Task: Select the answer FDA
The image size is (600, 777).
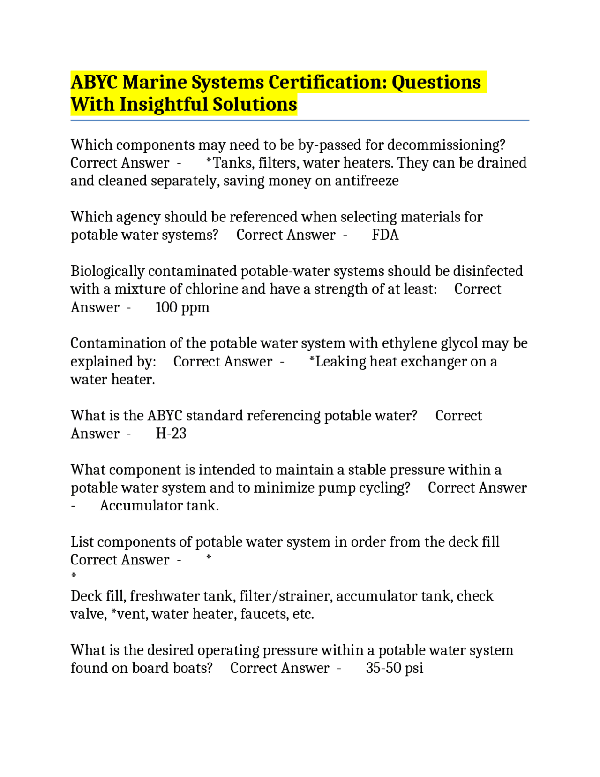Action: pos(385,235)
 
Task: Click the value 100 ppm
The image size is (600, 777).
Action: pos(182,307)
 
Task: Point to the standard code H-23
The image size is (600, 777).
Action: pos(171,434)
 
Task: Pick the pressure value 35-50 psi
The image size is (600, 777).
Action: pos(394,668)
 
